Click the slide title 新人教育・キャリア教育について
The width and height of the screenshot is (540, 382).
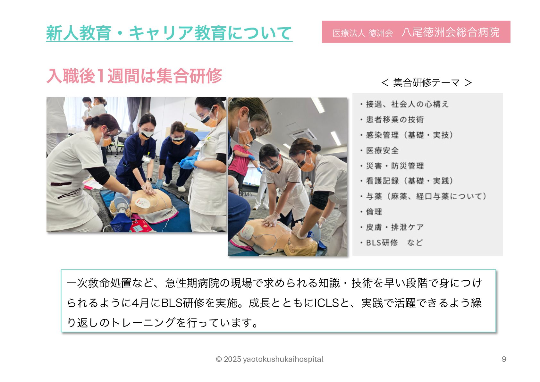(169, 33)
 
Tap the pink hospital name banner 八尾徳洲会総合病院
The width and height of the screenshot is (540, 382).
(416, 32)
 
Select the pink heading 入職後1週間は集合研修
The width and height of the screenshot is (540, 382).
(134, 76)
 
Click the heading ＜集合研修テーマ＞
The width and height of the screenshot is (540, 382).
(426, 83)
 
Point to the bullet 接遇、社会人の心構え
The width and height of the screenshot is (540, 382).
(404, 104)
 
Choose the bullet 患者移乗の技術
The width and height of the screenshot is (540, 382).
(392, 120)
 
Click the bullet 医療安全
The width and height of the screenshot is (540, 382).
(379, 150)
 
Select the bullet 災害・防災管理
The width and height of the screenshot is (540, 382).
(392, 166)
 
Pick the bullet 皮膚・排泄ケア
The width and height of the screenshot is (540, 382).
(392, 227)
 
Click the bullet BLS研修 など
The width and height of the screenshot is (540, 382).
(391, 242)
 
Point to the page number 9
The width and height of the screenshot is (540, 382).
(504, 359)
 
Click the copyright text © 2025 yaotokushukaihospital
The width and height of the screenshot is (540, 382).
(269, 359)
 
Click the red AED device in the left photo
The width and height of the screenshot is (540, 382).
(141, 226)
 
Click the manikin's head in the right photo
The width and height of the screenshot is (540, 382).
(301, 244)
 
